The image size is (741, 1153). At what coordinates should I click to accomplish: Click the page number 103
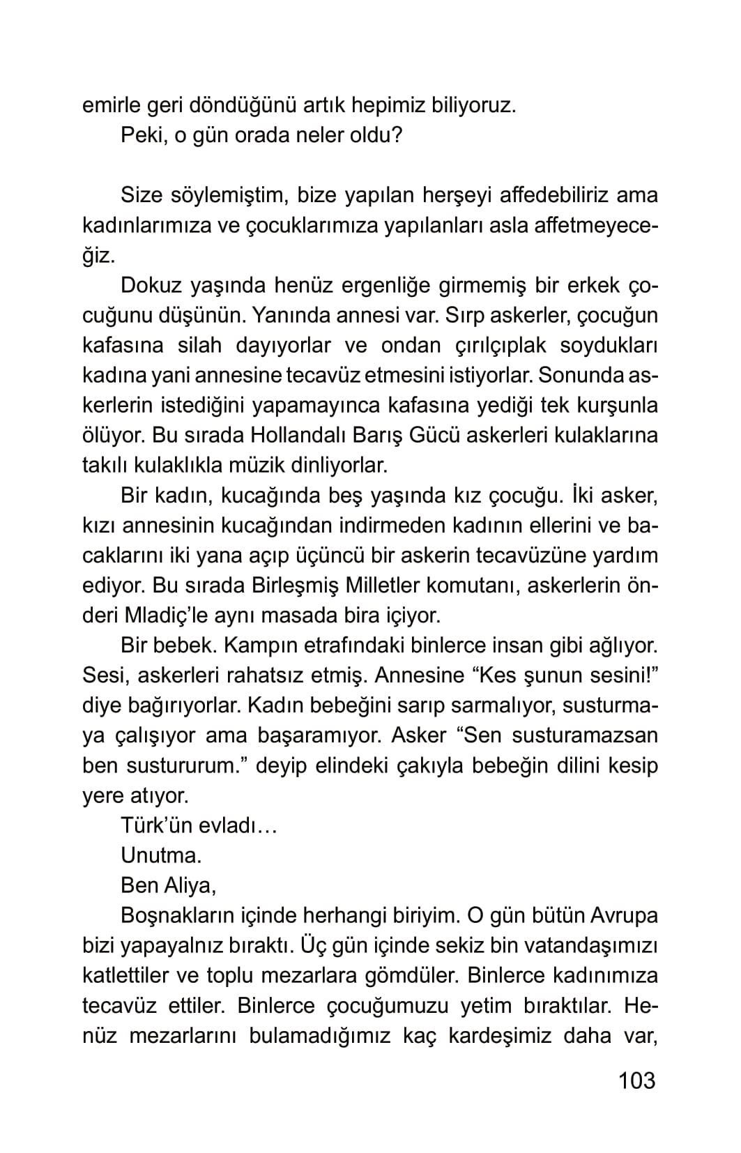click(x=636, y=1080)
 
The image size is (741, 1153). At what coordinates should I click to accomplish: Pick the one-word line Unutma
click(x=161, y=855)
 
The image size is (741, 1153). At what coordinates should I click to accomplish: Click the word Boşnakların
click(x=177, y=915)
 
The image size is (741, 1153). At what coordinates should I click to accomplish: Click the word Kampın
click(x=253, y=645)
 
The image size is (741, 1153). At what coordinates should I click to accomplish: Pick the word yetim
click(x=484, y=1005)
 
